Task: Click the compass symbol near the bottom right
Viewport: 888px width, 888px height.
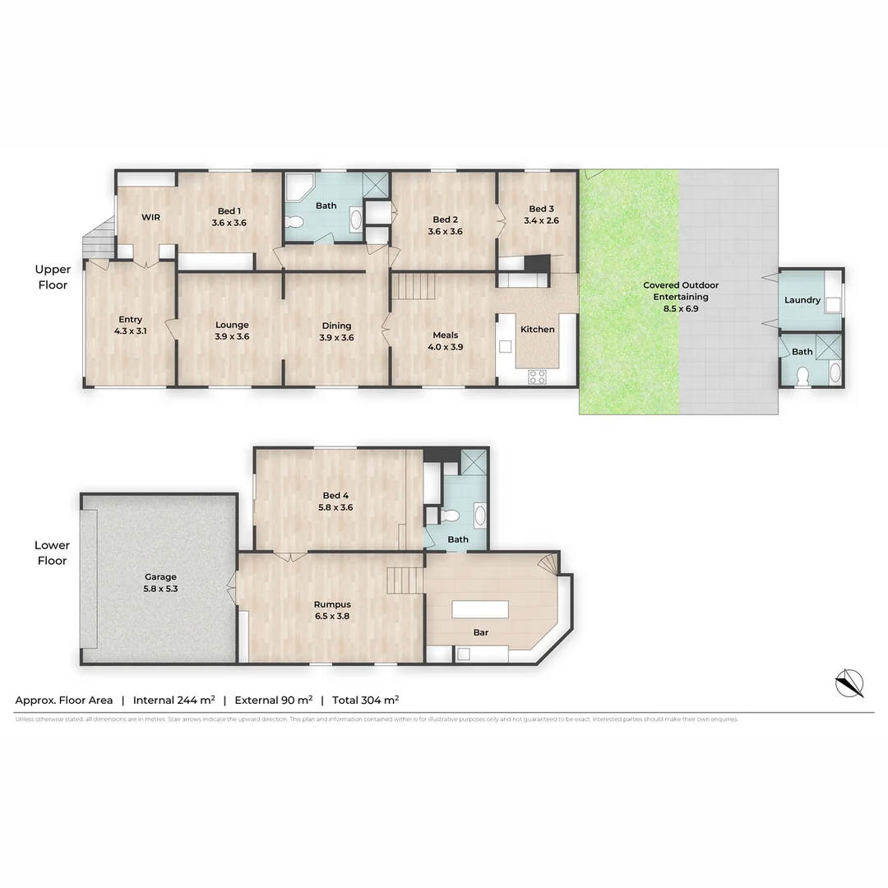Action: tap(850, 683)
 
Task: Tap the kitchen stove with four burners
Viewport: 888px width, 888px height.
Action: tap(536, 377)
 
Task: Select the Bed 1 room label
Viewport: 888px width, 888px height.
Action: tap(229, 211)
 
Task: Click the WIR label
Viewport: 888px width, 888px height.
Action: tap(150, 217)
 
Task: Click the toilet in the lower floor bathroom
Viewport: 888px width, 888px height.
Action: tap(449, 516)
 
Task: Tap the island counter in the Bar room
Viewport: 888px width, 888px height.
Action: tap(480, 610)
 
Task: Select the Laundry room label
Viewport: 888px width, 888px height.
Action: tap(802, 300)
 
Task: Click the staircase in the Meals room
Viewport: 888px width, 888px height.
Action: tap(412, 287)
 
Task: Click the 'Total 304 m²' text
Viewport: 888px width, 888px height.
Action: tap(366, 701)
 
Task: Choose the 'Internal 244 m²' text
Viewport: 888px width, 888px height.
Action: tap(173, 701)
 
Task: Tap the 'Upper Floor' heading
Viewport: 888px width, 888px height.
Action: tap(53, 277)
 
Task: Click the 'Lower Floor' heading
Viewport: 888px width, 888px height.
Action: tap(52, 553)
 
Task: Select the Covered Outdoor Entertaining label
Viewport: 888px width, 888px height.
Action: tap(680, 291)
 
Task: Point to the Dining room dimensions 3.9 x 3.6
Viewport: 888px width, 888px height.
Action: tap(336, 337)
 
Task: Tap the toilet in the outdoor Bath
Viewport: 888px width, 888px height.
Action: tap(802, 376)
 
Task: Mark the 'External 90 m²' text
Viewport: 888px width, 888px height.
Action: tap(273, 701)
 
